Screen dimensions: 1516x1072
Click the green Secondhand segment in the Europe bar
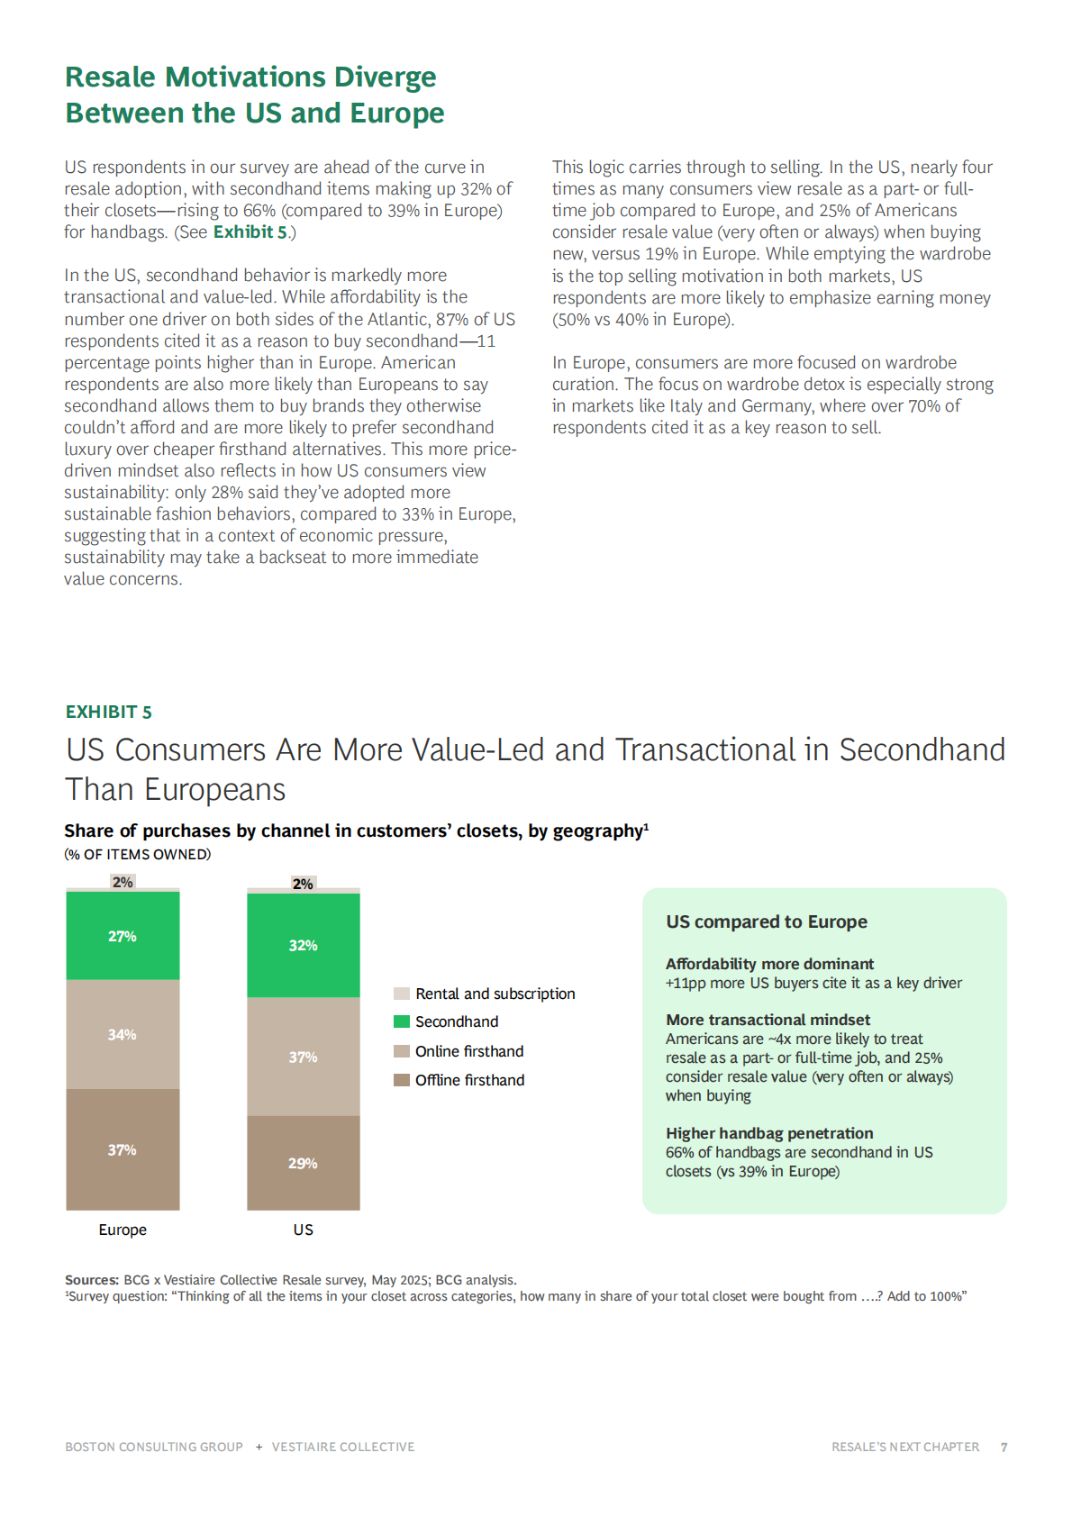123,936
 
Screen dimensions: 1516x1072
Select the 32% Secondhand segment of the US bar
304,945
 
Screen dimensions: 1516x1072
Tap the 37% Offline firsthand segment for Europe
123,1149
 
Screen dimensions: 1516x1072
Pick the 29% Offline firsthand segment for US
304,1163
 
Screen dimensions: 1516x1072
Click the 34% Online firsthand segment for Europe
123,1034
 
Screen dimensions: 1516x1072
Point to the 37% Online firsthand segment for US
304,1057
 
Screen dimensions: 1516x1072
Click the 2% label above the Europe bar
123,882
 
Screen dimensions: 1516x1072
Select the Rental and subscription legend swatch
402,994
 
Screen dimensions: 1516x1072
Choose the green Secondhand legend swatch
402,1021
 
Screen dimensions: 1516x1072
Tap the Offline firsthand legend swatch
402,1080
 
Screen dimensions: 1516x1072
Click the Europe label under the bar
123,1230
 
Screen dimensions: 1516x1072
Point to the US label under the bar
304,1230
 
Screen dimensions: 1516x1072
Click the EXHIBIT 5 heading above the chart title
109,712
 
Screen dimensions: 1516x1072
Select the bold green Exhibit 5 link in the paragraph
250,232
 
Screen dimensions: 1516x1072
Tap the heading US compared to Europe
767,921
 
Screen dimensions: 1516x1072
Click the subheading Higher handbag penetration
769,1133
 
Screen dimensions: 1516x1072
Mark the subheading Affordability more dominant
769,964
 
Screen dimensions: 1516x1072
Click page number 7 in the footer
1004,1447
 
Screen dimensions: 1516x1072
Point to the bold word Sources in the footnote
91,1280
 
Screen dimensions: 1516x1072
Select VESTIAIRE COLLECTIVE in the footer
343,1447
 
